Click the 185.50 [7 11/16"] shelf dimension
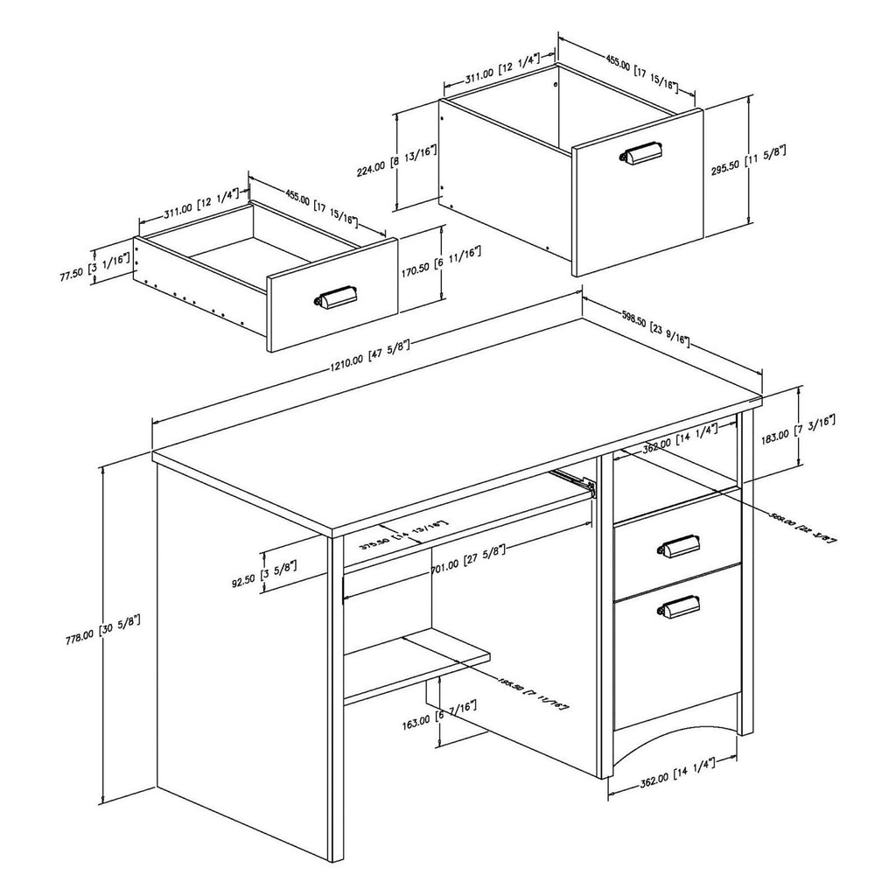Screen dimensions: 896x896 (533, 691)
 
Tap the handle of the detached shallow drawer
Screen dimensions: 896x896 (335, 298)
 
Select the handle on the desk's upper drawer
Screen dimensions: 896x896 (678, 547)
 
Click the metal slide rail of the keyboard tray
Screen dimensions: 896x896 (574, 480)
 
